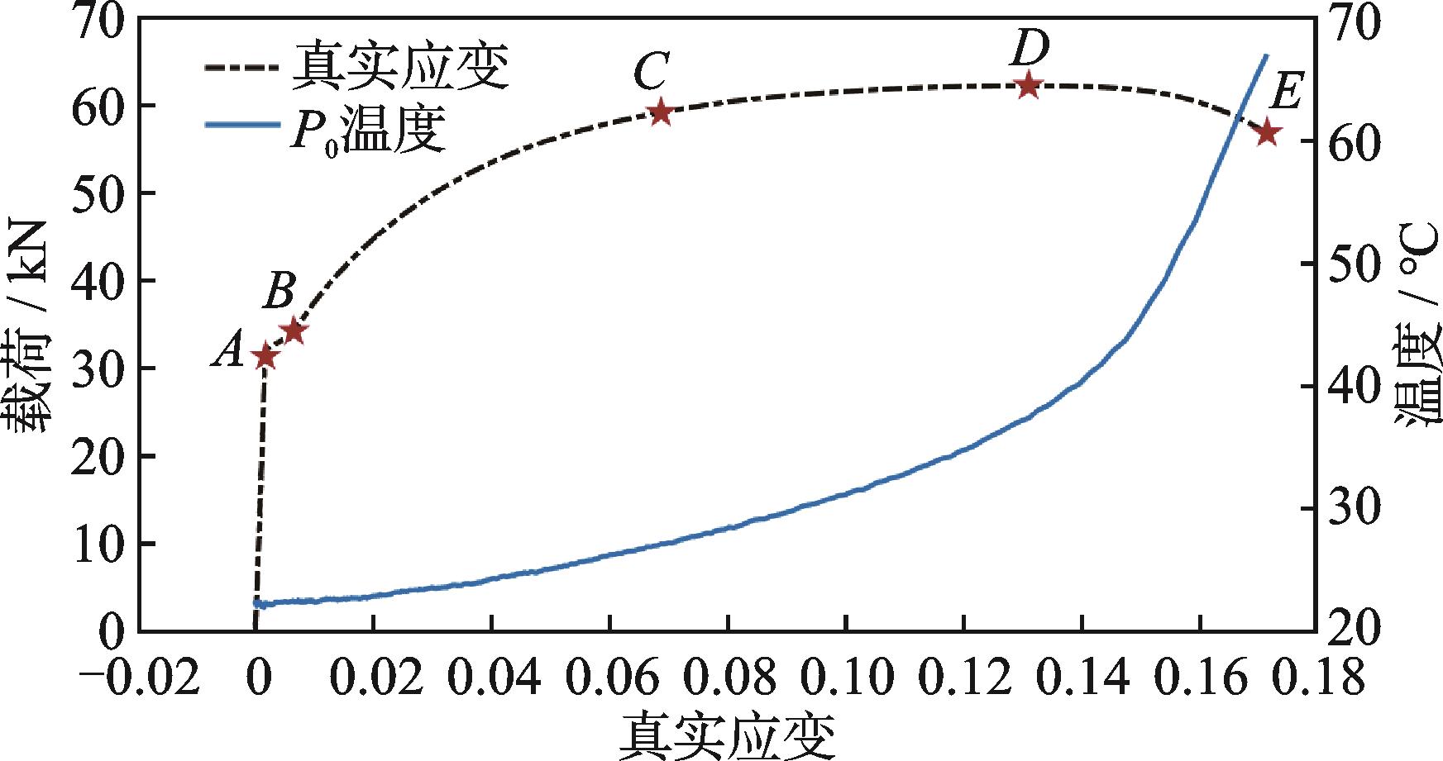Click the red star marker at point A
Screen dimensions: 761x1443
point(265,357)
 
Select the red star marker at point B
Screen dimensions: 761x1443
point(294,331)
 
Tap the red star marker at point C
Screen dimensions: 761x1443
point(660,112)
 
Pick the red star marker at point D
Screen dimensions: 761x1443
point(1028,85)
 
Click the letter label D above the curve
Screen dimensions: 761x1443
point(1030,49)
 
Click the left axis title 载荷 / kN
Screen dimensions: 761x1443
point(31,331)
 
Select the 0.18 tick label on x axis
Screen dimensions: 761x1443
point(1316,679)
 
